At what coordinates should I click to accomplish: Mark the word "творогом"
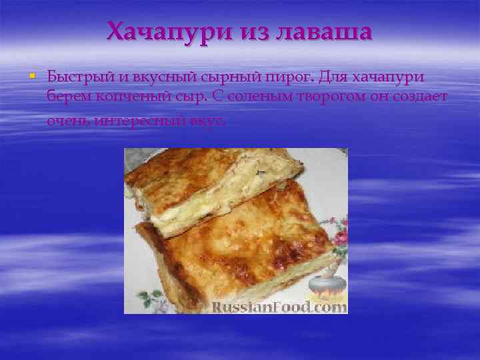pos(325,98)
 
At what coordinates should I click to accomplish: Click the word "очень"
pos(68,121)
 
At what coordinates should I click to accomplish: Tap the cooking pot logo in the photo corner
pos(325,285)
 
